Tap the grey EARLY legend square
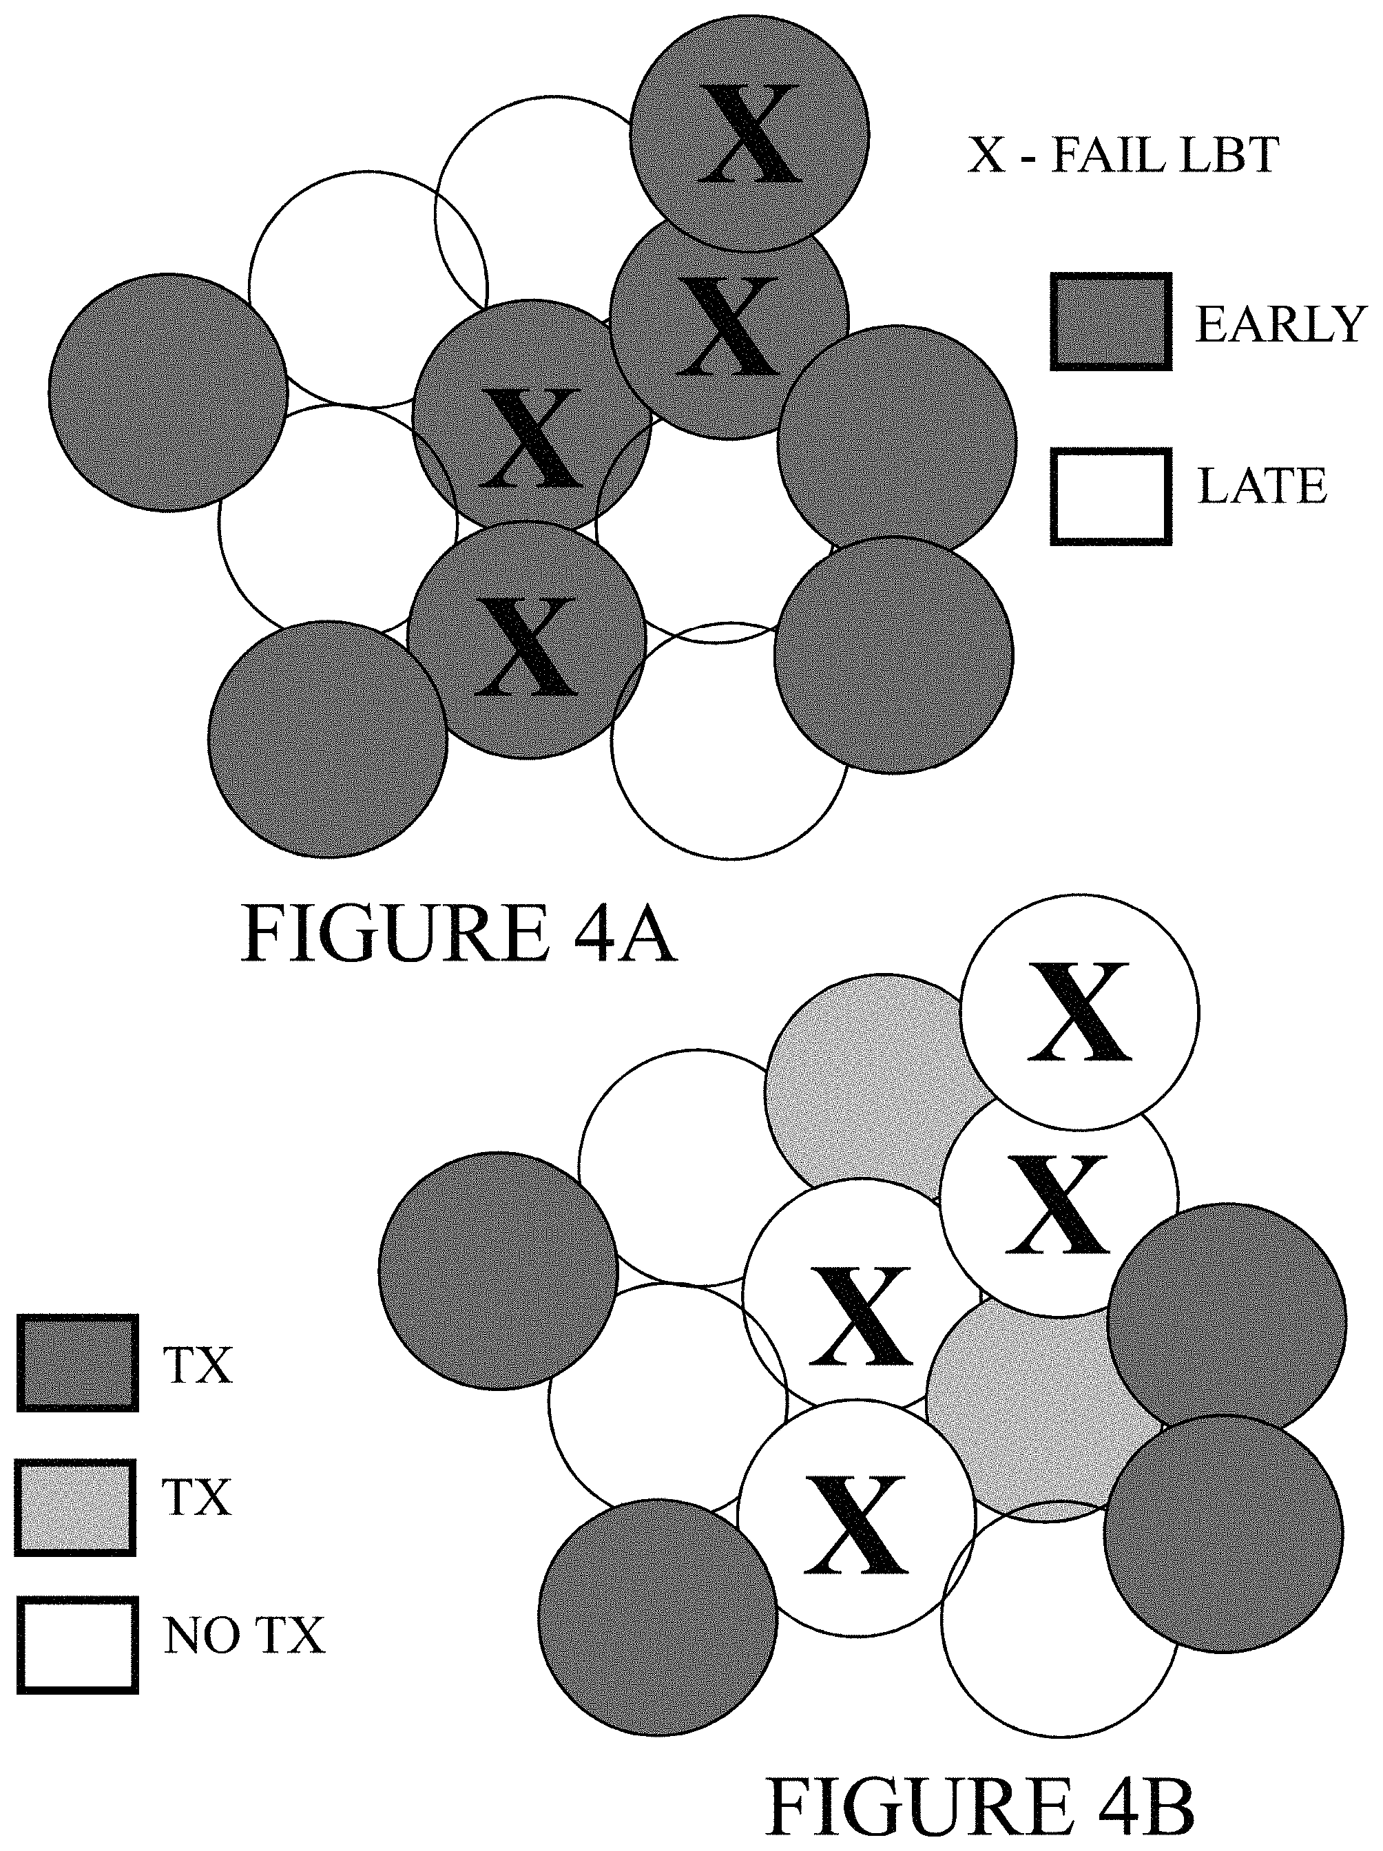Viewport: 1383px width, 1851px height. pyautogui.click(x=1111, y=322)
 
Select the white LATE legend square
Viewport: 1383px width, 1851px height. pyautogui.click(x=1111, y=497)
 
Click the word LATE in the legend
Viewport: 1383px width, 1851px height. pyautogui.click(x=1262, y=486)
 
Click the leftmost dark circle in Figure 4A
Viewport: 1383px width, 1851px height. pyautogui.click(x=168, y=392)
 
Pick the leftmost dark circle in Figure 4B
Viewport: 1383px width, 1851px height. pyautogui.click(x=499, y=1271)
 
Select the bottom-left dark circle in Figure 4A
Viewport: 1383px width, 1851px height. pyautogui.click(x=328, y=739)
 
